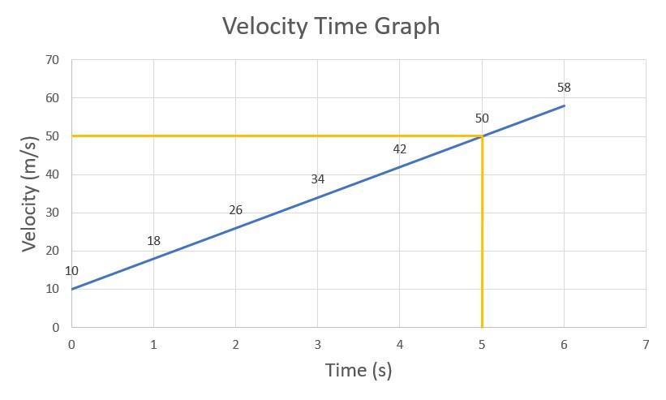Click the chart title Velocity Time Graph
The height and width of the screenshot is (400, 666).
[x=331, y=26]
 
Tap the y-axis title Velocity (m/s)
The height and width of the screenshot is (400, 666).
[x=30, y=194]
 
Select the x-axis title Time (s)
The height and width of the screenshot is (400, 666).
[x=358, y=371]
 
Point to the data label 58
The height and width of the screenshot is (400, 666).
[x=564, y=88]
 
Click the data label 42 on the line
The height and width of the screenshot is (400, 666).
[x=399, y=149]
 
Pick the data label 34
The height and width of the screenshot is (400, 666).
[x=317, y=179]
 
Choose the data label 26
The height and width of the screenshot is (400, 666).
[x=235, y=210]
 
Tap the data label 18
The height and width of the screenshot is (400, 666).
[x=153, y=241]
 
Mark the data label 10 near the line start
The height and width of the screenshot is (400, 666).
[x=71, y=272]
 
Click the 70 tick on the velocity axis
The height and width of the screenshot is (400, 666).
[x=53, y=60]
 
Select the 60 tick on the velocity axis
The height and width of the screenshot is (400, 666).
[x=53, y=98]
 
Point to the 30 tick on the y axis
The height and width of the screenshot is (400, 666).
[x=53, y=213]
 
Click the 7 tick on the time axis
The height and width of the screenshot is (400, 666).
[x=646, y=345]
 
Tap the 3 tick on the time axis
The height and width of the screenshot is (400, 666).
[x=317, y=345]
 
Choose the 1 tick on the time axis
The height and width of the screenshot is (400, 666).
[x=153, y=345]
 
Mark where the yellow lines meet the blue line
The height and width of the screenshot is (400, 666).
[x=482, y=135]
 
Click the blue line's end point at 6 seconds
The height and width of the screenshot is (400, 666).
[x=564, y=105]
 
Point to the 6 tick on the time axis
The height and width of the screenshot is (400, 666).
[x=564, y=345]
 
